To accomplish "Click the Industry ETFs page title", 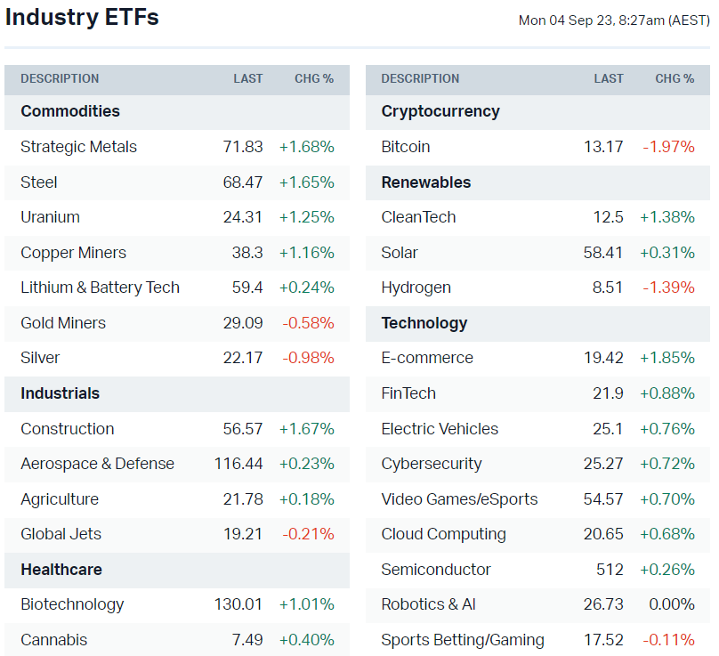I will click(82, 18).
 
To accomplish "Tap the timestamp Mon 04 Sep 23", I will click(613, 20).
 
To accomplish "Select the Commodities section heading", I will click(70, 111).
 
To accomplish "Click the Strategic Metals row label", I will click(79, 147).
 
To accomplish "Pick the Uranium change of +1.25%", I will click(307, 217).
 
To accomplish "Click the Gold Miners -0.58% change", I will click(309, 323).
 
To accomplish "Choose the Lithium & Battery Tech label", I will click(101, 288).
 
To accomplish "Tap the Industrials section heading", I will click(61, 393).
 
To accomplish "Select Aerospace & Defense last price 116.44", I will click(238, 464).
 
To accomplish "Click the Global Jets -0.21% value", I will click(309, 534).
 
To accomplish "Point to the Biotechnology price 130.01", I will click(238, 604).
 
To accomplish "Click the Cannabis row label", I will click(54, 640).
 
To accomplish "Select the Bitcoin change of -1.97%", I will click(669, 147).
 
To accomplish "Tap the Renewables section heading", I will click(426, 182).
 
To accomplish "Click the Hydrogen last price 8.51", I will click(608, 288).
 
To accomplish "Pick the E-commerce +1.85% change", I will click(667, 358).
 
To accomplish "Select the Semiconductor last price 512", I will click(610, 570).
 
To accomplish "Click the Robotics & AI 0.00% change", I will click(672, 604).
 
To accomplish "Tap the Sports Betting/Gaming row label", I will click(463, 640).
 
